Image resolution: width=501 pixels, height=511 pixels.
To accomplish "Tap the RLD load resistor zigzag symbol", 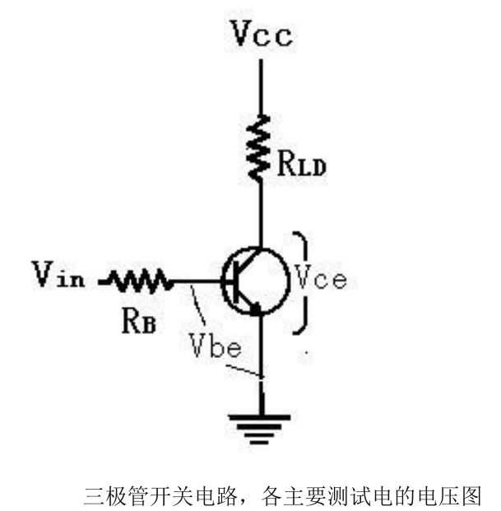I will click(261, 147).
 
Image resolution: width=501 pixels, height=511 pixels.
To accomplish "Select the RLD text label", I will click(300, 167).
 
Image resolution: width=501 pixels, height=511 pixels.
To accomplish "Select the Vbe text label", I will click(215, 344).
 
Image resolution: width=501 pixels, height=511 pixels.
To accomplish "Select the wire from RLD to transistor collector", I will click(261, 214).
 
